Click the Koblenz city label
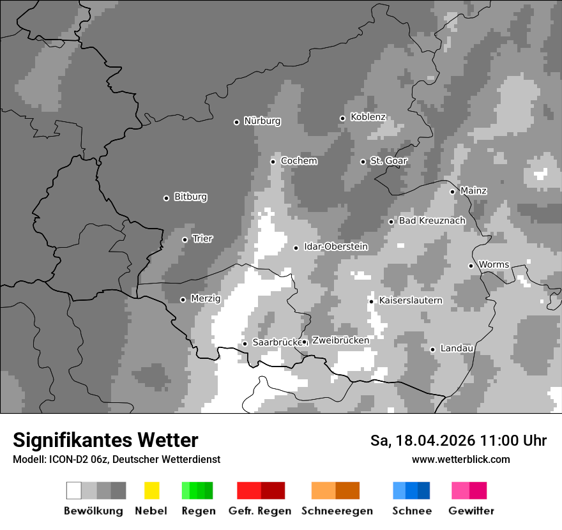(368, 117)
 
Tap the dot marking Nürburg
(236, 122)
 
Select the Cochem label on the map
(298, 161)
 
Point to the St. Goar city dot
(363, 162)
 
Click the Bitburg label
(190, 197)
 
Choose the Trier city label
(202, 239)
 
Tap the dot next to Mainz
(452, 192)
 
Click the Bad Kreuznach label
(432, 221)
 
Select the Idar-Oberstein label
(335, 247)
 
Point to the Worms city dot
(471, 266)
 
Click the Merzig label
(205, 299)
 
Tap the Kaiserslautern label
(410, 301)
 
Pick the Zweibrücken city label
(340, 340)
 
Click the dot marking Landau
(432, 349)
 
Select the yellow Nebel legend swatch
(151, 490)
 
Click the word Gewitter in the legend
(471, 511)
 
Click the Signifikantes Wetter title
(105, 440)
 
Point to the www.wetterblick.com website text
(460, 460)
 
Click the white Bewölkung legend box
(74, 490)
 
